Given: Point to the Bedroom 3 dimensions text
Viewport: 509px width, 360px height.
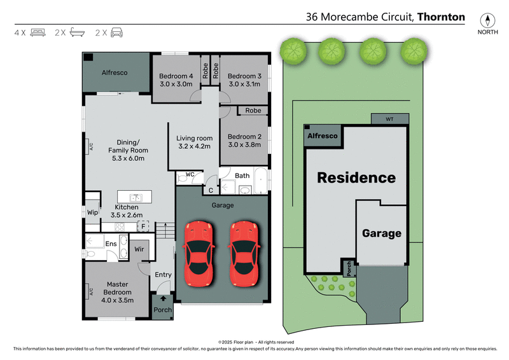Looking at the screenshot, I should click(x=244, y=83).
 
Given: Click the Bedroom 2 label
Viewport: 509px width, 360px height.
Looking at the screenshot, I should click(x=244, y=136).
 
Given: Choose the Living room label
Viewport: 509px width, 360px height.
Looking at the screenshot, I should click(x=195, y=138).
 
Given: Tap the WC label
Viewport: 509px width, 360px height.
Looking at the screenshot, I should click(x=190, y=174).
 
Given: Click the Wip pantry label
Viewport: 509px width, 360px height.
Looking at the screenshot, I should click(x=92, y=212).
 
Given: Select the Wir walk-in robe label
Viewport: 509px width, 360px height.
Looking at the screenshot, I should click(x=139, y=249).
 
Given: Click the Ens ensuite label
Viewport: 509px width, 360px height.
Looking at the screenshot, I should click(x=111, y=244).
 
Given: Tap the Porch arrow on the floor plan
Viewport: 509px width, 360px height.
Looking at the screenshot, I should click(x=162, y=298).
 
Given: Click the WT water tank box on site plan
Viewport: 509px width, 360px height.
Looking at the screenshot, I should click(x=389, y=119).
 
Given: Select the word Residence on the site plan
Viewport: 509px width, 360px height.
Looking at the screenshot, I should click(x=356, y=178).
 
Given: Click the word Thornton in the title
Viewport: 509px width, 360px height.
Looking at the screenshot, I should click(x=442, y=17).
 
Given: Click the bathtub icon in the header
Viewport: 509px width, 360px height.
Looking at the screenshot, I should click(x=78, y=32).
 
